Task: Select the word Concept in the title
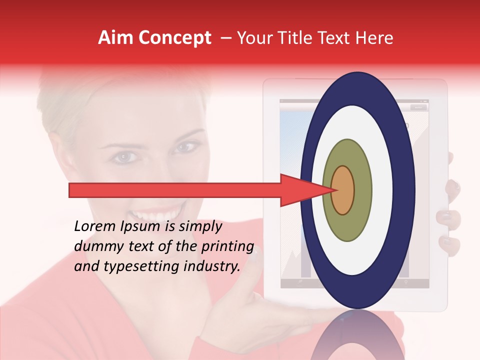174,38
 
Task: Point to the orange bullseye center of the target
343,190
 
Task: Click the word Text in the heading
338,38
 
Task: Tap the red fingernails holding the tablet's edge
450,217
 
